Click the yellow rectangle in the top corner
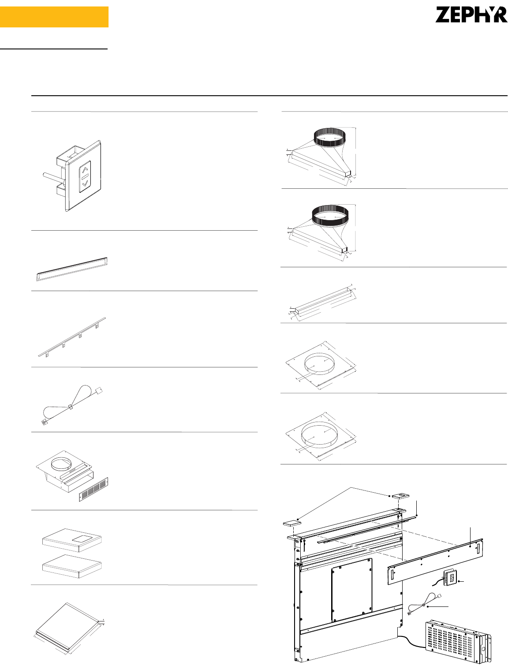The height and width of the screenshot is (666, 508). (54, 17)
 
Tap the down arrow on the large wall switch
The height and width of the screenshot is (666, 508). (85, 183)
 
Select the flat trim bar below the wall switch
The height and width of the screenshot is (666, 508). (72, 269)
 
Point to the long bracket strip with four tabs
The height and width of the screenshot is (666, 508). (72, 337)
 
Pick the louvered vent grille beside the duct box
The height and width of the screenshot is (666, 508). (93, 490)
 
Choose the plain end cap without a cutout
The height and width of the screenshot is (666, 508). (72, 566)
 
